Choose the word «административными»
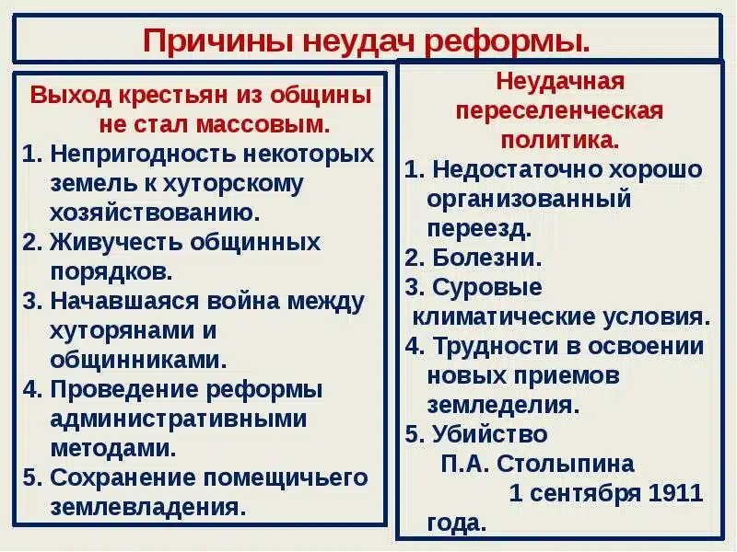pyautogui.click(x=179, y=419)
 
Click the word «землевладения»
pyautogui.click(x=149, y=507)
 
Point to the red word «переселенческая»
pyautogui.click(x=560, y=110)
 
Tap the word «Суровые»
pyautogui.click(x=486, y=287)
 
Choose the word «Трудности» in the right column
pyautogui.click(x=498, y=346)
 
